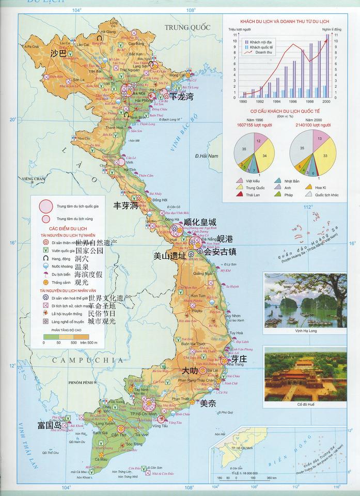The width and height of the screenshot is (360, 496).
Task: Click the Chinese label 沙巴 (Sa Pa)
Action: (58, 53)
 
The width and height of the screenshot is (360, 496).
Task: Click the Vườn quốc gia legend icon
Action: (46, 250)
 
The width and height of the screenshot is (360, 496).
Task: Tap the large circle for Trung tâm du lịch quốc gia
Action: (46, 206)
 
